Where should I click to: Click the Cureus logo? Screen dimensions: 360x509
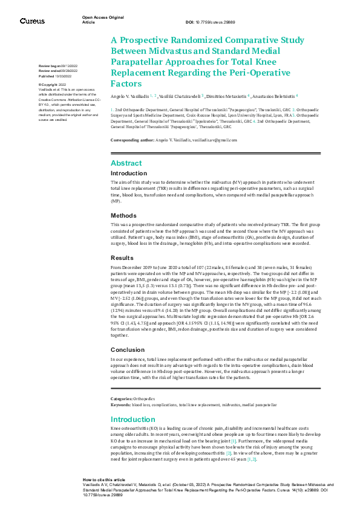click(x=32, y=21)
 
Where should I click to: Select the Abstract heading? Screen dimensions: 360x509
click(x=126, y=163)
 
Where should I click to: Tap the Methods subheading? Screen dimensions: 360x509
click(x=124, y=215)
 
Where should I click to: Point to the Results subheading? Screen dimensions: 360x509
click(x=123, y=258)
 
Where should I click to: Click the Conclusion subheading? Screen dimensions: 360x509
click(x=128, y=349)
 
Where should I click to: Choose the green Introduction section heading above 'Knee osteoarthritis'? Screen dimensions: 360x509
click(x=133, y=420)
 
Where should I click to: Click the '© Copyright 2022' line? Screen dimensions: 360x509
click(x=53, y=85)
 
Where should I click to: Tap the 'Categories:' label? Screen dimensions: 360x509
click(x=121, y=399)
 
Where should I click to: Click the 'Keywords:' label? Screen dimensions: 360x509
click(x=120, y=403)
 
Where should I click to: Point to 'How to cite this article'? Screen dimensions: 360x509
click(x=104, y=479)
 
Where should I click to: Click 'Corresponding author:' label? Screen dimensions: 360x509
click(x=132, y=140)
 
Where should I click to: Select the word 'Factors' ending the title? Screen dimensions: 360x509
click(x=126, y=84)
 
